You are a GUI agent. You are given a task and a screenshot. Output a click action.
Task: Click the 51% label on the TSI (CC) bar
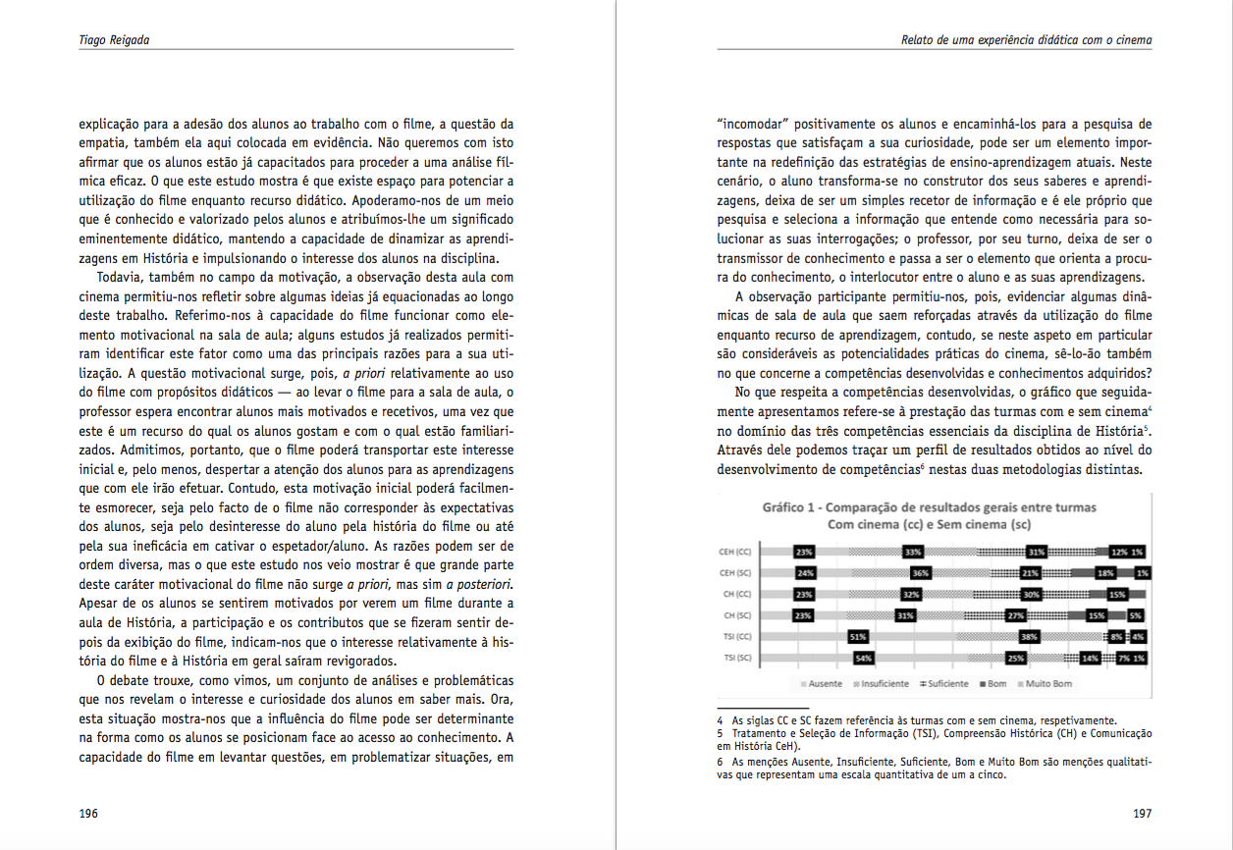[856, 637]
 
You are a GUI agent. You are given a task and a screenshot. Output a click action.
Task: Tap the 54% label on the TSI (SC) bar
[864, 658]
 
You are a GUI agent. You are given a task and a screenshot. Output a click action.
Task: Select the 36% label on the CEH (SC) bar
[920, 573]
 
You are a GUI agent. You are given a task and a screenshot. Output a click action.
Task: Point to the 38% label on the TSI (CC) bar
[1030, 637]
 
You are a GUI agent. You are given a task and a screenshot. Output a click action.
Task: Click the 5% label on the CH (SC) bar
[1135, 615]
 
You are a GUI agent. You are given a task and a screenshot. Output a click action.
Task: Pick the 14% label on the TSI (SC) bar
[1090, 658]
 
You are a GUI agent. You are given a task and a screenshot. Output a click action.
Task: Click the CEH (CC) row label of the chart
[735, 552]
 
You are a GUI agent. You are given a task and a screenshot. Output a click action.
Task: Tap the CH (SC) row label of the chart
[737, 615]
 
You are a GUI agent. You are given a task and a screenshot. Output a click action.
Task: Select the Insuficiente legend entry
[885, 683]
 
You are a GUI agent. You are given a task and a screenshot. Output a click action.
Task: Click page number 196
[87, 814]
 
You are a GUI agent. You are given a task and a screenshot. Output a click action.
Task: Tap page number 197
[1142, 814]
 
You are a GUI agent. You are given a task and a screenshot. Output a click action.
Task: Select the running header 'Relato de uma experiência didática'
[1026, 40]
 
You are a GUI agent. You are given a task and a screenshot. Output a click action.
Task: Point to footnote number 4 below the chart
[721, 719]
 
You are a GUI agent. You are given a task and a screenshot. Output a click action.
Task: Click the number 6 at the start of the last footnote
[721, 762]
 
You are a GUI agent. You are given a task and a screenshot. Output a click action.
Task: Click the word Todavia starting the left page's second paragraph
[119, 278]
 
